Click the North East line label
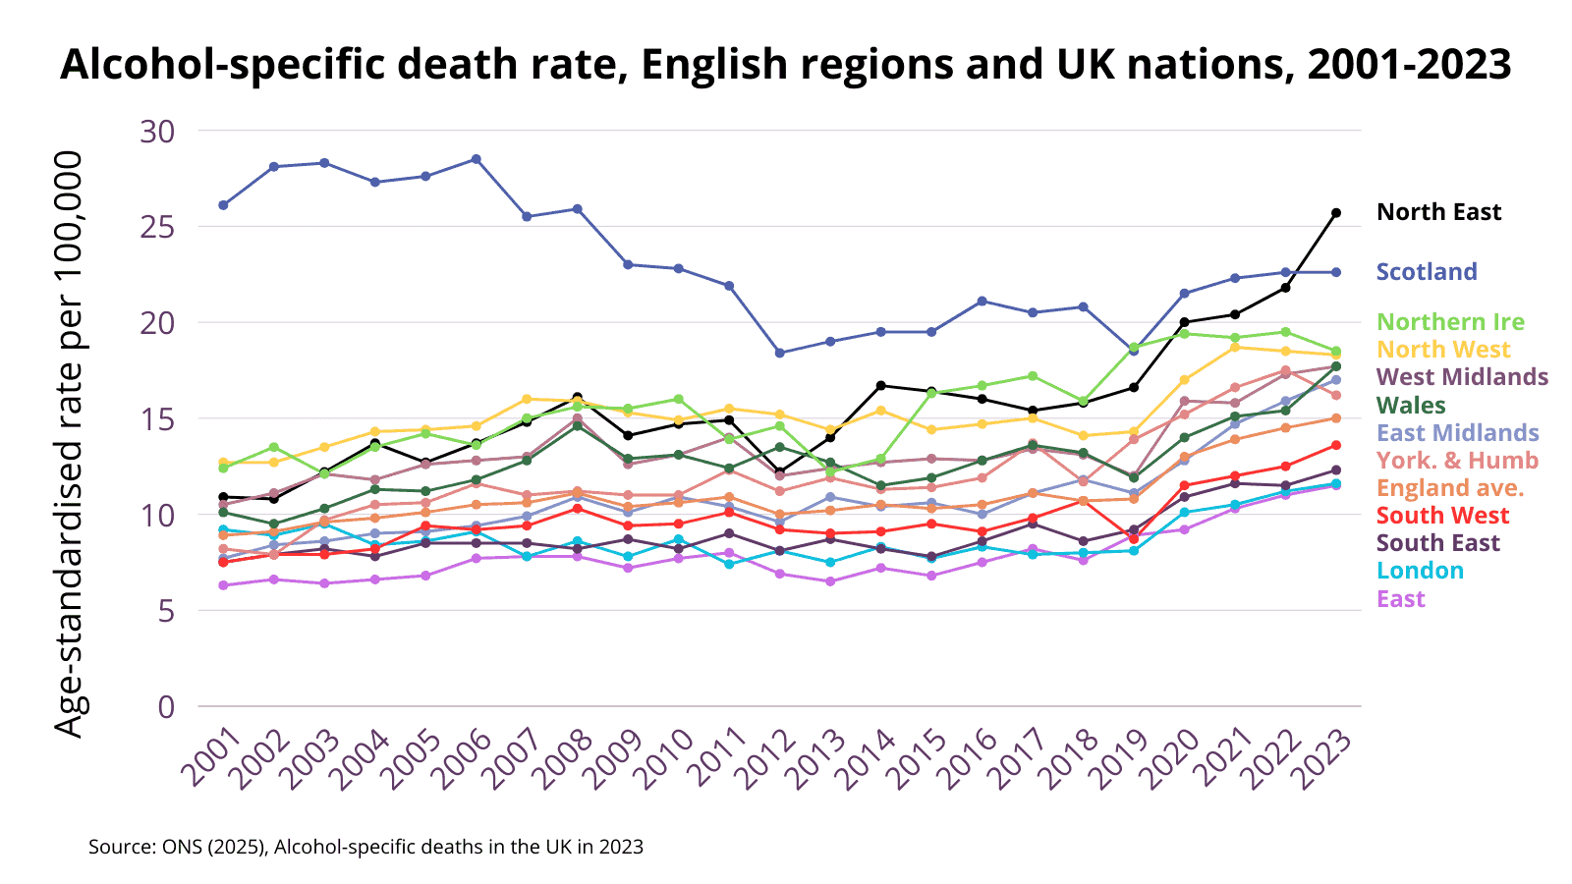click(x=1438, y=212)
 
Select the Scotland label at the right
click(x=1427, y=272)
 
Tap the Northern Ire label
click(x=1450, y=322)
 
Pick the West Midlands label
click(x=1462, y=377)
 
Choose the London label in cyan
click(x=1420, y=571)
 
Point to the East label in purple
click(x=1400, y=599)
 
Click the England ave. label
click(x=1450, y=488)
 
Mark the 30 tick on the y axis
click(x=157, y=131)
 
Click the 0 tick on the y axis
click(x=165, y=706)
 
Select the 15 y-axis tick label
click(x=157, y=419)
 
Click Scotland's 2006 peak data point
click(x=477, y=159)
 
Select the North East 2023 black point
click(x=1336, y=212)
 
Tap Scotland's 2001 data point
click(x=223, y=205)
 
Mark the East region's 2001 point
click(x=223, y=585)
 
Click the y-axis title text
click(x=69, y=444)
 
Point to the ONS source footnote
click(x=365, y=847)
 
